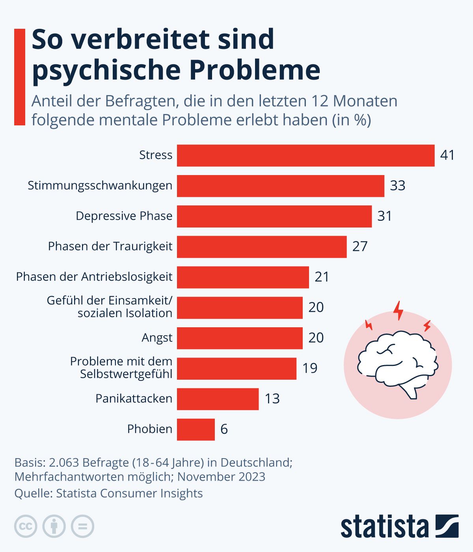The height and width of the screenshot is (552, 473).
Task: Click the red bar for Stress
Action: point(305,155)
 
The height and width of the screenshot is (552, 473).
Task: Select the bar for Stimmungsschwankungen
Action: point(280,186)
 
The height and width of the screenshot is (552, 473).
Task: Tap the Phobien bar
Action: point(196,429)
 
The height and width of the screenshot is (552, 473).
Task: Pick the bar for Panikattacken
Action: point(218,399)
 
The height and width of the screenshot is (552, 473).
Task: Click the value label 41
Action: point(447,155)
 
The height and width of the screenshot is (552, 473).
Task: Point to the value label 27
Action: point(359,246)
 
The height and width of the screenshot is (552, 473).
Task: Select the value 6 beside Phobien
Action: point(224,429)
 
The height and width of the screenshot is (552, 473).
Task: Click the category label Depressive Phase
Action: point(124,216)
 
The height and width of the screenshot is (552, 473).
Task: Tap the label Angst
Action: point(157,338)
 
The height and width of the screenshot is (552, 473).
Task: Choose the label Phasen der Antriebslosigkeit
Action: point(94,277)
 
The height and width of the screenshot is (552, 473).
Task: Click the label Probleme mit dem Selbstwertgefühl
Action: point(121,367)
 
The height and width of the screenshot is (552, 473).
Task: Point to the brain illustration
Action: point(397,365)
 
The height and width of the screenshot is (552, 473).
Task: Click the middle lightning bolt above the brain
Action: point(399,310)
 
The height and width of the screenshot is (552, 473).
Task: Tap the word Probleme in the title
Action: point(255,70)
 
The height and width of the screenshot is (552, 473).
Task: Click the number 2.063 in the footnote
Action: point(64,462)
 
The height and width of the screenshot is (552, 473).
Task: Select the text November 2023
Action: point(221,477)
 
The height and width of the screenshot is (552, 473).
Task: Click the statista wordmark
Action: point(384,526)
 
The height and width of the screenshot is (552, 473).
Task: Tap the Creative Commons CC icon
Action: point(26,526)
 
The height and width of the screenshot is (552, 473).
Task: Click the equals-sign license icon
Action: point(82,526)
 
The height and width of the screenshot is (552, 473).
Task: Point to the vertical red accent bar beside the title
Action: point(19,77)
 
